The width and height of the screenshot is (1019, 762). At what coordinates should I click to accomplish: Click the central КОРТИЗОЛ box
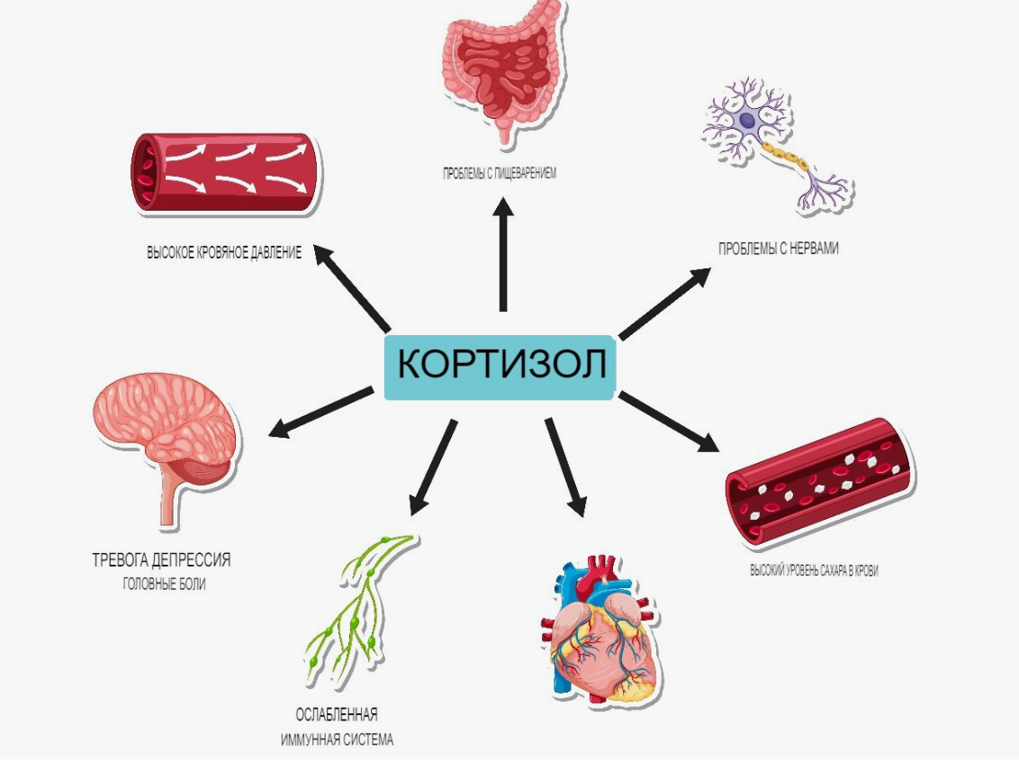click(x=499, y=367)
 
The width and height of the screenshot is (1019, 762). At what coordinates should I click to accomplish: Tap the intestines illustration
click(x=501, y=68)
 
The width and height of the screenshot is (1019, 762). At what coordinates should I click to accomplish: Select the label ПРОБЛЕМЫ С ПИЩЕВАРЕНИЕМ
click(x=499, y=174)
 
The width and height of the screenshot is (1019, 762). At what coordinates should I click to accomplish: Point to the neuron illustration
click(x=777, y=144)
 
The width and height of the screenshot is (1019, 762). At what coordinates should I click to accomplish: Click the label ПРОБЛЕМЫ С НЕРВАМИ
click(x=778, y=249)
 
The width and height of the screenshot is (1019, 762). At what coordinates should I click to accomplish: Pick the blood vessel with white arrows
click(x=223, y=172)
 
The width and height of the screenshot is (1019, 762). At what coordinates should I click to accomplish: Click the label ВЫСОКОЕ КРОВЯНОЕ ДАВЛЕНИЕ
click(x=224, y=252)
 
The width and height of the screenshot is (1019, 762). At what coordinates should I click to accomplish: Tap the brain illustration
click(x=167, y=442)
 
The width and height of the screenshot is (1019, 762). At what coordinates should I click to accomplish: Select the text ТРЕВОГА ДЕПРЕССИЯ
click(x=161, y=560)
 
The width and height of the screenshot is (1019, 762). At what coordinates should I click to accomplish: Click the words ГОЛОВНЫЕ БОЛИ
click(x=164, y=585)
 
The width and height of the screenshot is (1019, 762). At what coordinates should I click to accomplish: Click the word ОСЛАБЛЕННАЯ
click(x=337, y=715)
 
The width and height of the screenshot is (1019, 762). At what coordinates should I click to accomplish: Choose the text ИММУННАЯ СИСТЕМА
click(x=337, y=739)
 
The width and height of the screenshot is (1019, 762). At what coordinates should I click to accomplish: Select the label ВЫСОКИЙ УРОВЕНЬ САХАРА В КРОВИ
click(x=814, y=571)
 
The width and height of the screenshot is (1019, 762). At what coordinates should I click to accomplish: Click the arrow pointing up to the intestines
click(x=503, y=255)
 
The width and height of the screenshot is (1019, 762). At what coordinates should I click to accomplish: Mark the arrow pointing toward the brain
click(x=321, y=413)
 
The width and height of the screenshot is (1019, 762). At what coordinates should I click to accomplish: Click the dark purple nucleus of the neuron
click(x=747, y=121)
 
